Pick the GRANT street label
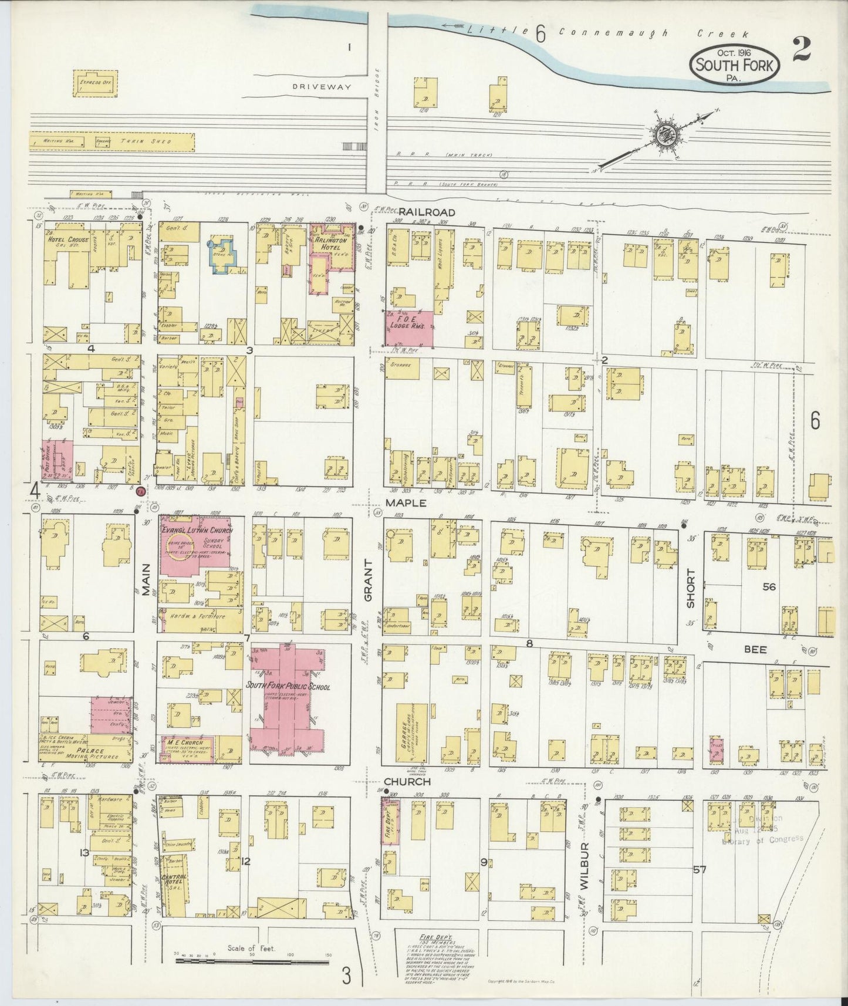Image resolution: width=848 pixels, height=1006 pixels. click(x=369, y=580)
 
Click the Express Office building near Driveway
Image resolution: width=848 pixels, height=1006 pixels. click(x=95, y=83)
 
